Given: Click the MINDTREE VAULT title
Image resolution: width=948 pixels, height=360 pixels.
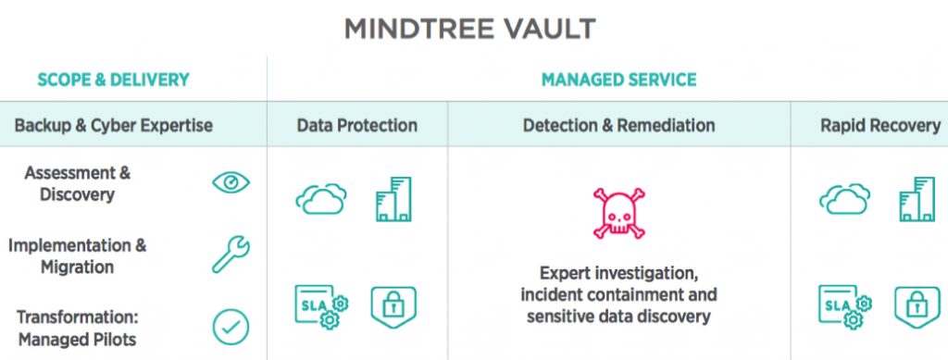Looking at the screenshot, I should [470, 29].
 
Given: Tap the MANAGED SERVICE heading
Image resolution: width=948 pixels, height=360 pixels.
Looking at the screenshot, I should [618, 81].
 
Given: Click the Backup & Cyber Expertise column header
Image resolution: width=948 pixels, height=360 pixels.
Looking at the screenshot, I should [113, 125].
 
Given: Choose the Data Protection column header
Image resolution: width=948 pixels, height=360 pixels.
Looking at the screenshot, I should [357, 125].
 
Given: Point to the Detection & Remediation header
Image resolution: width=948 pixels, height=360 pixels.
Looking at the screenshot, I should [618, 125].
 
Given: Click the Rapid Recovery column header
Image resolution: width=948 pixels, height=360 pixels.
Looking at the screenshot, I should [879, 125].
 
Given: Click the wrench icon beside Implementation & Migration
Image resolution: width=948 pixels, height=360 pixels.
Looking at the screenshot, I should [231, 254].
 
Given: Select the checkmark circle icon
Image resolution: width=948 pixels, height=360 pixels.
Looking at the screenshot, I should [231, 327].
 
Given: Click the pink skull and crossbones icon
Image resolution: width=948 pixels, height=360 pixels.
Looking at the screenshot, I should [617, 210].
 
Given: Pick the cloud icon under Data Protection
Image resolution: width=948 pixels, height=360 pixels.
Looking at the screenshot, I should [321, 199].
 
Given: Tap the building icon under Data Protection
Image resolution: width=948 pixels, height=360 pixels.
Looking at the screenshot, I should [393, 199].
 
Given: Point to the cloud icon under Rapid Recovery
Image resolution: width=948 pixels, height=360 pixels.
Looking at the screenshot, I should [844, 199].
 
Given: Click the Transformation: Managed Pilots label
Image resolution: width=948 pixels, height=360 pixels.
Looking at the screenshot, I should [77, 329].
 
